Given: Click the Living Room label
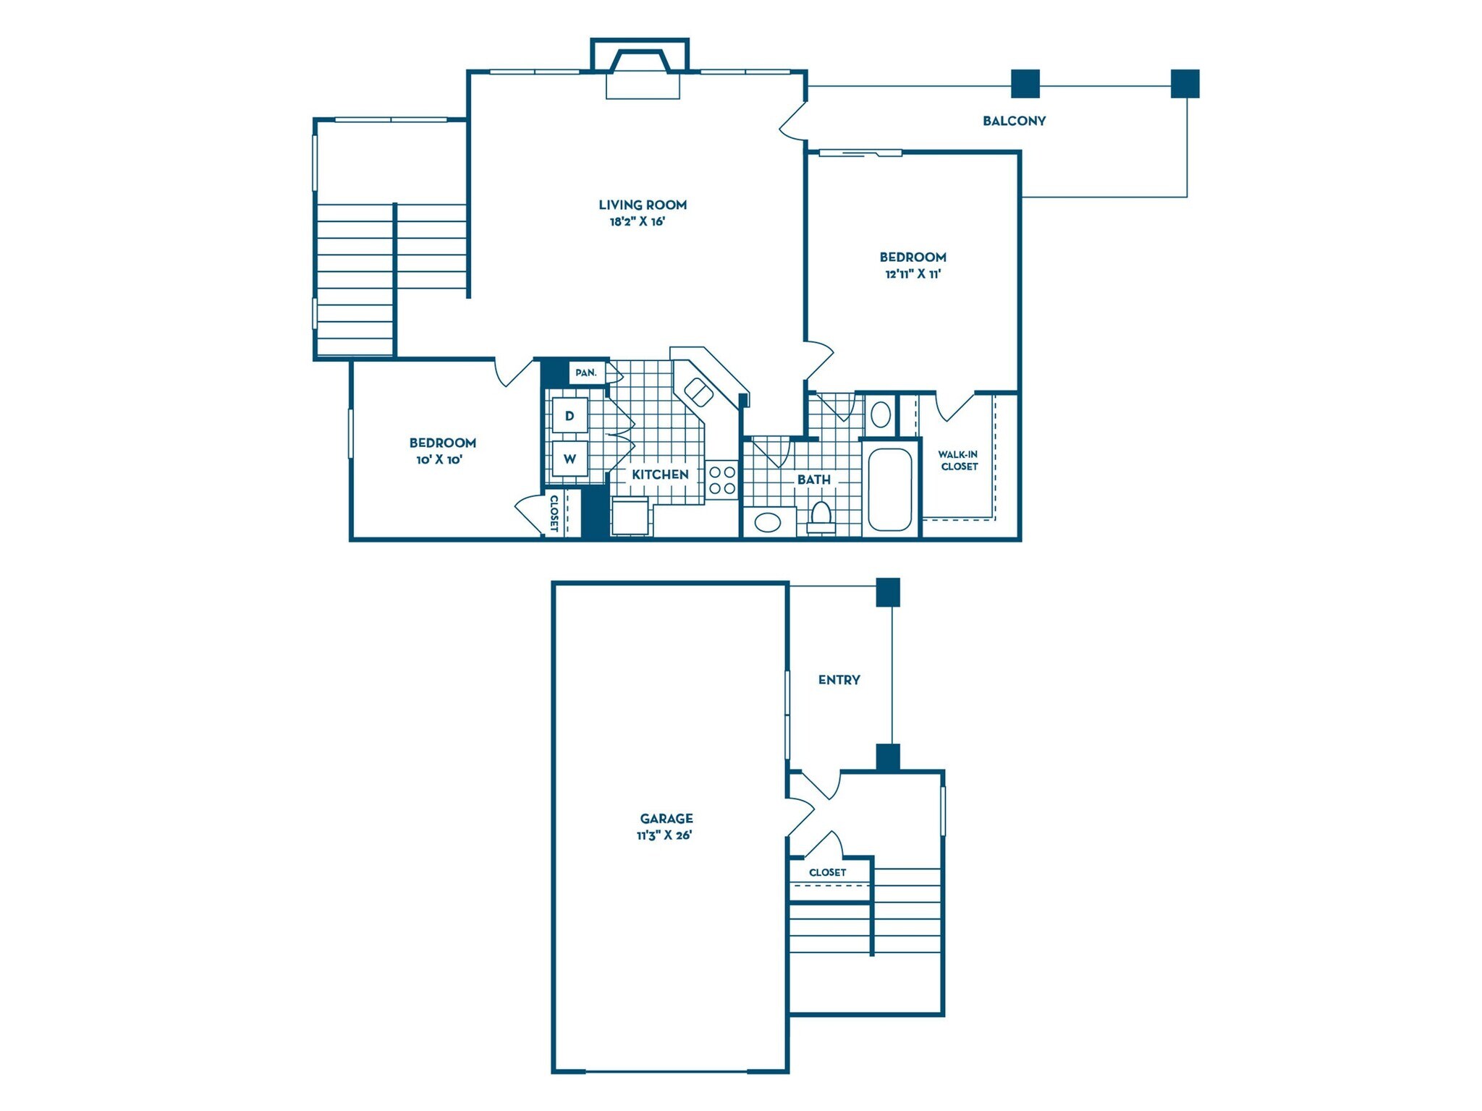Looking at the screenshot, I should click(x=643, y=205).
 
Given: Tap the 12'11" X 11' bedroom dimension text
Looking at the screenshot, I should click(x=913, y=274).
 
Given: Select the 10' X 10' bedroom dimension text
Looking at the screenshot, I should click(x=439, y=460).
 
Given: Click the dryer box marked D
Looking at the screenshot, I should click(x=569, y=415).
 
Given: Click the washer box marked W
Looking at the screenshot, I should click(x=569, y=459).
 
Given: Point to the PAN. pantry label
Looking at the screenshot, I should click(x=586, y=373).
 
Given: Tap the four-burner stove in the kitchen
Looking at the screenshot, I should click(x=721, y=480).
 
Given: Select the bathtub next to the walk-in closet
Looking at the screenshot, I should click(x=889, y=489).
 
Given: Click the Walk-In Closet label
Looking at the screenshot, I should click(x=959, y=460).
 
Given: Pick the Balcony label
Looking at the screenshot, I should click(x=1014, y=122).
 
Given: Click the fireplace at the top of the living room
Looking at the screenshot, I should click(x=640, y=69).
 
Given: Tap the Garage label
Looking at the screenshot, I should click(x=666, y=818).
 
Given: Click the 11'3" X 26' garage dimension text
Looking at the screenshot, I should click(x=664, y=835).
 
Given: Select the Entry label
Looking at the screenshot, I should click(x=839, y=680).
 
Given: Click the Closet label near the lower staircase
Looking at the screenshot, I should click(x=827, y=872).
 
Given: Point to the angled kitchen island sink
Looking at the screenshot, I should click(x=698, y=392).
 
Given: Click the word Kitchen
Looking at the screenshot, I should click(x=660, y=474).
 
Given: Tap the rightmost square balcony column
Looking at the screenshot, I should click(x=1185, y=84).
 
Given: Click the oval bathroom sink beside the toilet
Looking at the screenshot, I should click(x=768, y=522).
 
